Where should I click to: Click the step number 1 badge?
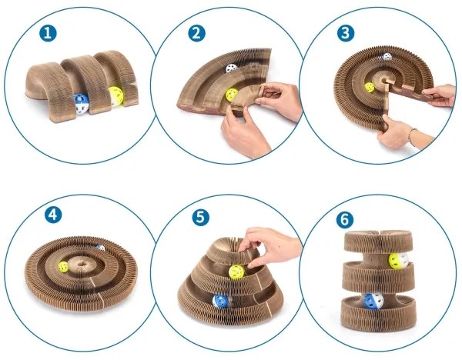coord(48,33)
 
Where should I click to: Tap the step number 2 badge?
coord(196,33)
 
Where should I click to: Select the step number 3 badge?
coord(346,33)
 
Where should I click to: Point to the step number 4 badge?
coord(53,215)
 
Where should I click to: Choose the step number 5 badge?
coord(201,217)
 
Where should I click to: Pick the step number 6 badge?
coord(345,219)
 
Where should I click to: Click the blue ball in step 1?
coord(81,104)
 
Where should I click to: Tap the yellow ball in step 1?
coord(116,95)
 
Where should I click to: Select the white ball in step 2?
coord(232,68)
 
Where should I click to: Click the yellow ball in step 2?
coord(232,95)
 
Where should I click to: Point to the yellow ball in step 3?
coord(369,88)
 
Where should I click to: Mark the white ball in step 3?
coord(387,56)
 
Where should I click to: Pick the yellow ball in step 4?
coord(63,267)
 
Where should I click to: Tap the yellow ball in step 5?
coord(236,272)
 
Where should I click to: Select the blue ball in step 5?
coord(221,302)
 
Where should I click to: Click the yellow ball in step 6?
coord(398,261)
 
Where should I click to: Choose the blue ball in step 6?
coord(373,301)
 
